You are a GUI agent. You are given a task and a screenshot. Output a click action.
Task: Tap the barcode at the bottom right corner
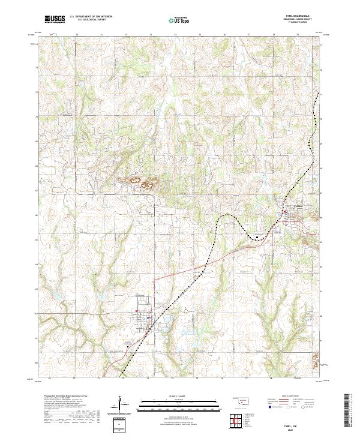point(350,414)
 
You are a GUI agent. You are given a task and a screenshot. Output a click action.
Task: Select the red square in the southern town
point(139,311)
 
